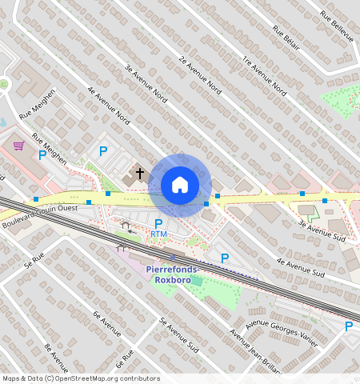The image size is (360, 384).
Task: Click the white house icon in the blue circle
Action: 180,185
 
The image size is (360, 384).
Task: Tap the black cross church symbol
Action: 139,172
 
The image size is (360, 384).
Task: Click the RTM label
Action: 158,234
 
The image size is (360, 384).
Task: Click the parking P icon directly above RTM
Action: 158,222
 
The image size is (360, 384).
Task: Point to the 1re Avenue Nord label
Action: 263,78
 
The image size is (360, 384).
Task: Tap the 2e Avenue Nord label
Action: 200,74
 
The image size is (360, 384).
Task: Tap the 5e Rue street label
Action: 33,258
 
